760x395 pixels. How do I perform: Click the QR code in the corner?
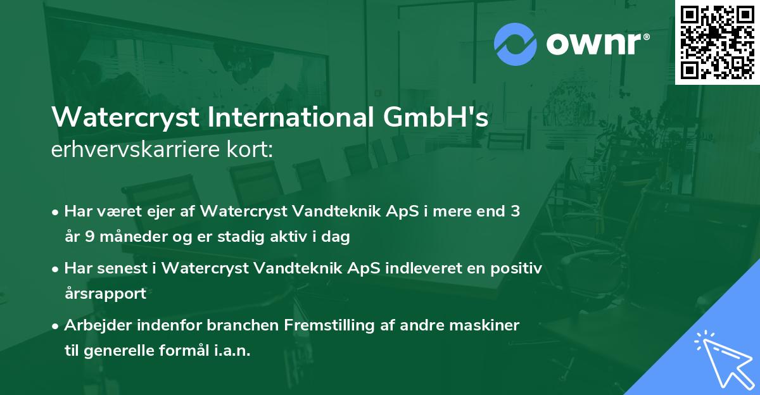pyautogui.click(x=717, y=42)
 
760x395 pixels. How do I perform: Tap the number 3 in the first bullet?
pyautogui.click(x=516, y=211)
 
